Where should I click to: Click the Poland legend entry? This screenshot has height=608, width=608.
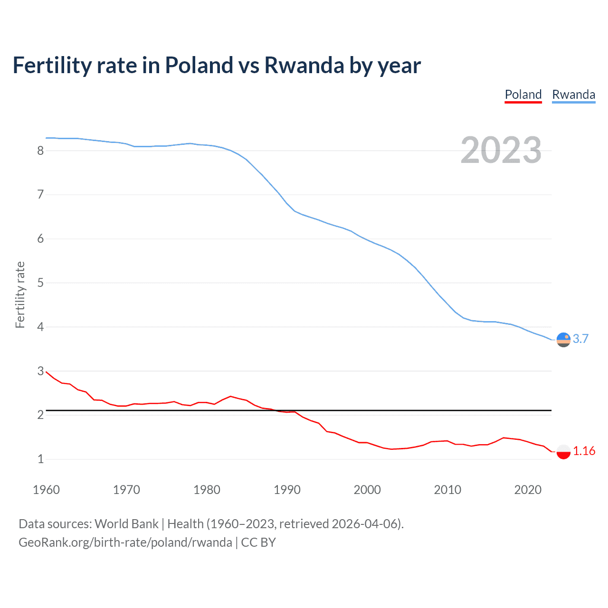[523, 95]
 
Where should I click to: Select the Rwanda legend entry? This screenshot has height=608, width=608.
[573, 95]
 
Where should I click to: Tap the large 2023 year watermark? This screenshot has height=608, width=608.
[501, 150]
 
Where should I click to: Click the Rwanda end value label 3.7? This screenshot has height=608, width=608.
[580, 339]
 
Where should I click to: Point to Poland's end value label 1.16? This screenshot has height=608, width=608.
[584, 451]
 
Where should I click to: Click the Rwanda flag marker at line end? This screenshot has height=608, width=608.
[563, 340]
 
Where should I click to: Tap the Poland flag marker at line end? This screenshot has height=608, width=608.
[563, 451]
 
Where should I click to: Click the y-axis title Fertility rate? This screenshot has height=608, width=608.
[20, 294]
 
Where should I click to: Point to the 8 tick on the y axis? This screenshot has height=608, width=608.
[40, 151]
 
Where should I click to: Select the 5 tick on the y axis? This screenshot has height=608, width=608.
[40, 283]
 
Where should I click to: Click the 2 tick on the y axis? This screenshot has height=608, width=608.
[40, 415]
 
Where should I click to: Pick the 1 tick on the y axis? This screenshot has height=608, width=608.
[40, 459]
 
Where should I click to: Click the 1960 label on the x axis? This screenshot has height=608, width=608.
[46, 490]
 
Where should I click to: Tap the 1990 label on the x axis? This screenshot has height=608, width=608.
[287, 490]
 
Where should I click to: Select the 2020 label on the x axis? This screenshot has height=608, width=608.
[528, 490]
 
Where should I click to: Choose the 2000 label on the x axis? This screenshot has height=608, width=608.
[367, 490]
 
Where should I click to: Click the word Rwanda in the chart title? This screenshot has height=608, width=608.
[304, 66]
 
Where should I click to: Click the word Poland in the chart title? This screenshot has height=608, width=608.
[199, 66]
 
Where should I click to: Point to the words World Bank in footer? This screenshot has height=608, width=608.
[126, 524]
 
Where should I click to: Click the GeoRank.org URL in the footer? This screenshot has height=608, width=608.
[125, 542]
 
